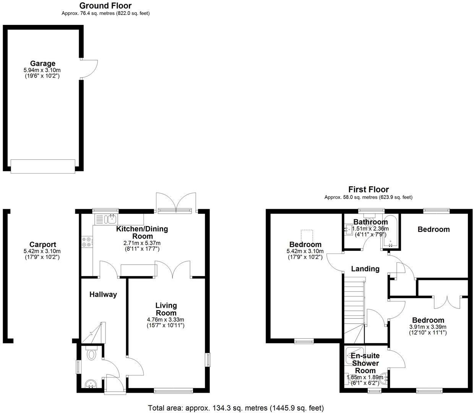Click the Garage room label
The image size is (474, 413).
[42, 64]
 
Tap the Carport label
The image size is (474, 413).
[42, 245]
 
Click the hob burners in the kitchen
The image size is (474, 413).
[86, 242]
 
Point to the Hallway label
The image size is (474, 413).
[103, 294]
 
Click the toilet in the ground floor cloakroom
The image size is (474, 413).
[91, 354]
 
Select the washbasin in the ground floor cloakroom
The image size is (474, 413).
[91, 383]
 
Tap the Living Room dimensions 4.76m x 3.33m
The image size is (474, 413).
[166, 320]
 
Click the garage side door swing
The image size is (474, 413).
[89, 69]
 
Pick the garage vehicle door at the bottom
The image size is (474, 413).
[43, 166]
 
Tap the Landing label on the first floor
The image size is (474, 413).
[365, 269]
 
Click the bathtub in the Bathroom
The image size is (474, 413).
[390, 232]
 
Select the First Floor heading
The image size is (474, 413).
[368, 190]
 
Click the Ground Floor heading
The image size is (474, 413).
[105, 6]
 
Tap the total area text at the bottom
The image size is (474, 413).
[236, 408]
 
